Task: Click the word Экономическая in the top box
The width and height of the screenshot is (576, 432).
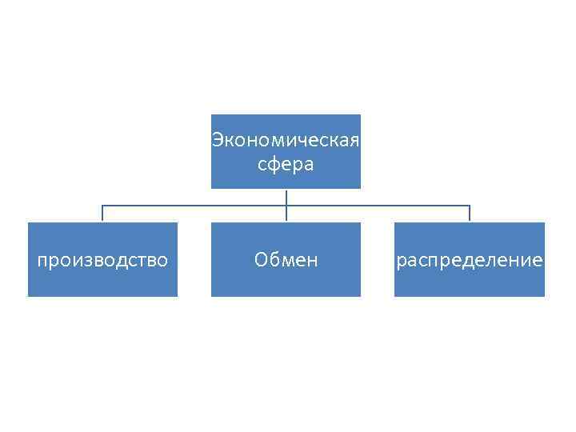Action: (x=286, y=142)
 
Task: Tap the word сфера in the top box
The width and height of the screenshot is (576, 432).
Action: (x=286, y=165)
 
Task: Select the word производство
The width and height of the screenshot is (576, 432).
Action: (x=102, y=260)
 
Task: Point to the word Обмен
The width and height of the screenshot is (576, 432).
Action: (x=286, y=260)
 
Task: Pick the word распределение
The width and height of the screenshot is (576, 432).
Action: (x=470, y=261)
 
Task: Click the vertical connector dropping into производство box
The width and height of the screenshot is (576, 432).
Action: (x=102, y=214)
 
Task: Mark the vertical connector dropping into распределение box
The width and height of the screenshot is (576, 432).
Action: (x=470, y=214)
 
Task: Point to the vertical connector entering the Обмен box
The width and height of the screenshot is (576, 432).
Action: (x=286, y=214)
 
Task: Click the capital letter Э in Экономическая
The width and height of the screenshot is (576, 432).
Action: (x=216, y=142)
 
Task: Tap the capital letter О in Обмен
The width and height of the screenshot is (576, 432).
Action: (x=260, y=260)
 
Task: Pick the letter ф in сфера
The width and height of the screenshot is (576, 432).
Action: (x=276, y=166)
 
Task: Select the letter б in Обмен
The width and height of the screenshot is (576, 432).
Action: (x=272, y=260)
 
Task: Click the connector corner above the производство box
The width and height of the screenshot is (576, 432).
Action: (x=102, y=206)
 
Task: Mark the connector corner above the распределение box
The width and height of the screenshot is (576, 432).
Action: (x=470, y=206)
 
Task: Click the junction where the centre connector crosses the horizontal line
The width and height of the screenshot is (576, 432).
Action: (x=286, y=206)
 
